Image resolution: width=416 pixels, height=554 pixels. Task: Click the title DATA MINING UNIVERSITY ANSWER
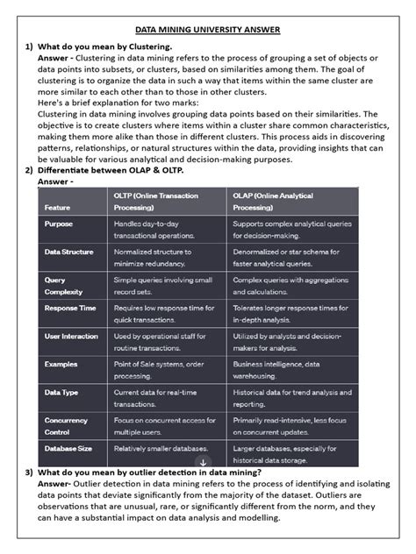pyautogui.click(x=208, y=29)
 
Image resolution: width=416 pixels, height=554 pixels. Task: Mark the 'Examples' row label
pyautogui.click(x=62, y=364)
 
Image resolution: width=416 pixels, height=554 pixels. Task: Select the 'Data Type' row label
pyautogui.click(x=63, y=393)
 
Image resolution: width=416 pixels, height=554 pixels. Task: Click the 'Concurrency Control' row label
pyautogui.click(x=67, y=426)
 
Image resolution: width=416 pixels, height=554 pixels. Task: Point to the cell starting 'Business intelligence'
pyautogui.click(x=286, y=369)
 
